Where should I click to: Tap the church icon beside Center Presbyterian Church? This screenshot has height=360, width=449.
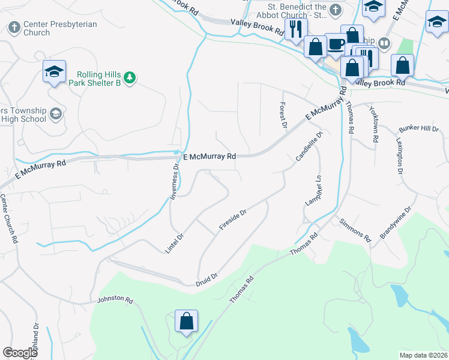[14, 28]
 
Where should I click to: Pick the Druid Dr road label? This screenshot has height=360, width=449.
[206, 279]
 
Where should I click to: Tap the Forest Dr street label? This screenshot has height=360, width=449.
[282, 114]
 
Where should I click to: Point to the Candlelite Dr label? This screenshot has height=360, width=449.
[309, 147]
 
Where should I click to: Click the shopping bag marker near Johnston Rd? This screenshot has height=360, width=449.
[186, 320]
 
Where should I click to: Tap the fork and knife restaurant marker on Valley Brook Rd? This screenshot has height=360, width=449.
[296, 29]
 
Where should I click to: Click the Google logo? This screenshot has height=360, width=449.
[20, 353]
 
